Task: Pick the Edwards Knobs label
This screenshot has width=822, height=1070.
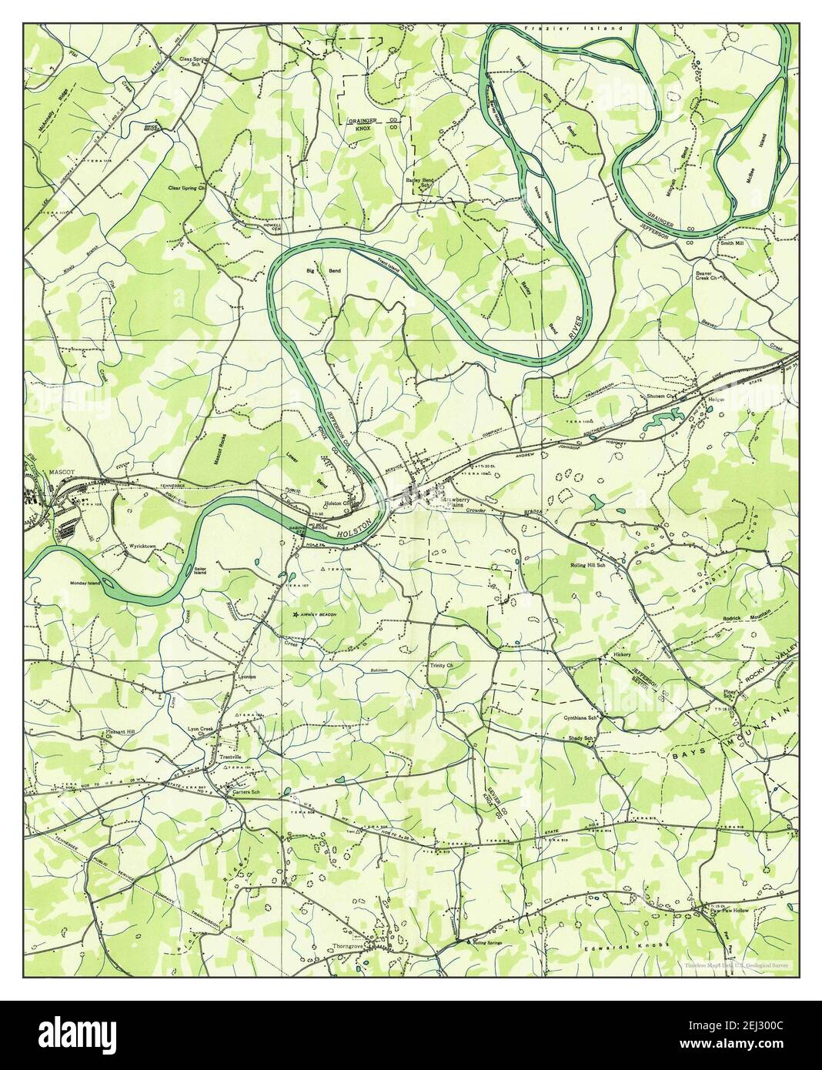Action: tap(634, 945)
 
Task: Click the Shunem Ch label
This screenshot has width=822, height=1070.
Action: tap(660, 397)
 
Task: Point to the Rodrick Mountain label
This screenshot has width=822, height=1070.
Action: tap(747, 618)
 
